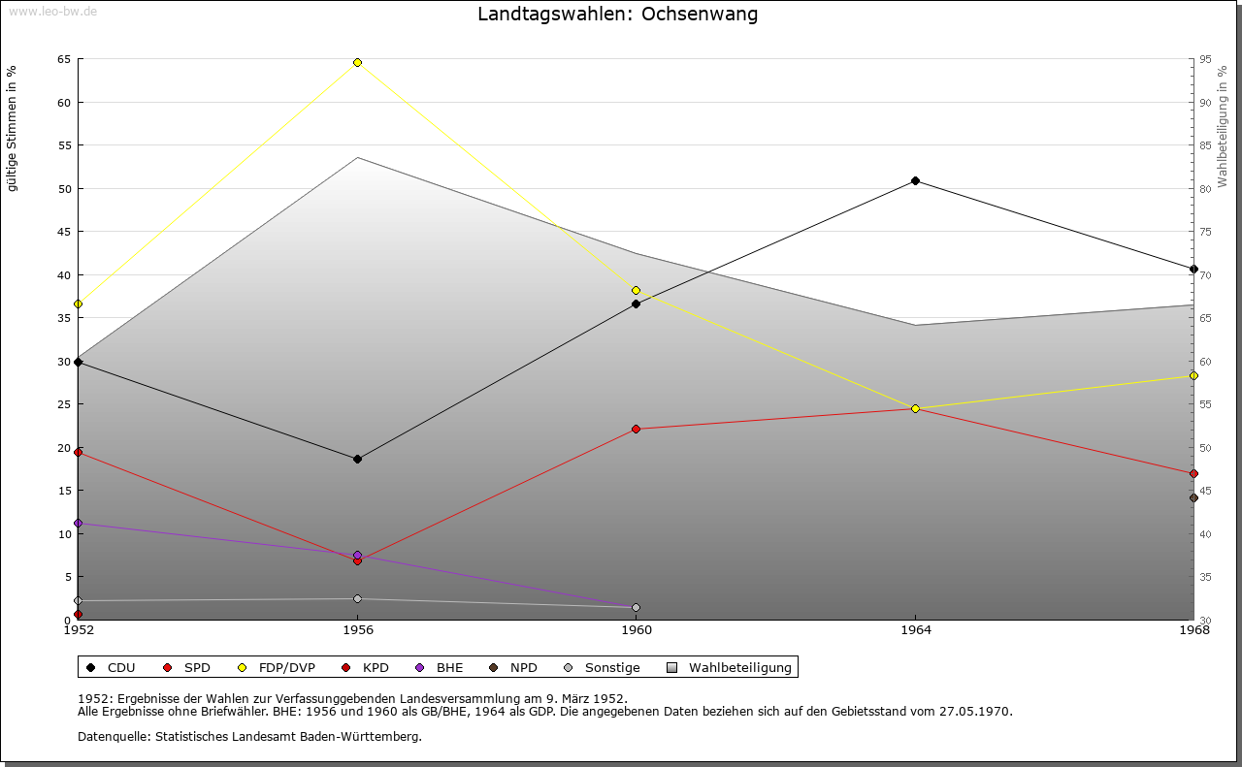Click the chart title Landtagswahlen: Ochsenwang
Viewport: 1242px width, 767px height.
(618, 15)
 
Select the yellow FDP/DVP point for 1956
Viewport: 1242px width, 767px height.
(357, 63)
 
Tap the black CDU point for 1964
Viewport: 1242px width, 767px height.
(915, 181)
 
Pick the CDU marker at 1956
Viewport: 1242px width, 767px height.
(357, 460)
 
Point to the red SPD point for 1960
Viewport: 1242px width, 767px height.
(637, 429)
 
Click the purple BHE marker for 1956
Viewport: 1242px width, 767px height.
(357, 556)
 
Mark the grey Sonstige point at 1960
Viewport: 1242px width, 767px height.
(637, 608)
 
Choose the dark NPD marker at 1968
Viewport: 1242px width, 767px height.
(1193, 498)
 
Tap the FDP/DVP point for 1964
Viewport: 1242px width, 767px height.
(915, 409)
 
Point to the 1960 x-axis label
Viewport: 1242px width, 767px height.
(637, 630)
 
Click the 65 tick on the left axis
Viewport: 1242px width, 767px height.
(64, 59)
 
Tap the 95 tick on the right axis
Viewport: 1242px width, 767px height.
(1205, 59)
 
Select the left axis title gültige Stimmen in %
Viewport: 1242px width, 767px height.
(13, 128)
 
